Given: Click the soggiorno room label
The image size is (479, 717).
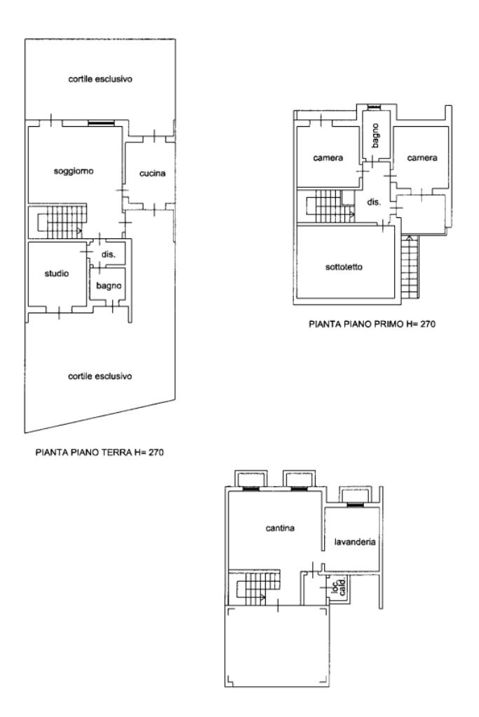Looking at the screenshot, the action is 74,172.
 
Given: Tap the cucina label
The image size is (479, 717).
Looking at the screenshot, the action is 152,173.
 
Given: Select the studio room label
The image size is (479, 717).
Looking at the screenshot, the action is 57,273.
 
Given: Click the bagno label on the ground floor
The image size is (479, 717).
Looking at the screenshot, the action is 109,286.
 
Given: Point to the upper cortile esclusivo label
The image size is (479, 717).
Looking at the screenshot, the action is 100,79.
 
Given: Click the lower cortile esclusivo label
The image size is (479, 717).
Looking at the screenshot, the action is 100,376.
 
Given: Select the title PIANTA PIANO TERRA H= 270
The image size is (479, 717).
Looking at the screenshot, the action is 100,453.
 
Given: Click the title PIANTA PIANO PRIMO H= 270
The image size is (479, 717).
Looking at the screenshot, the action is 372,325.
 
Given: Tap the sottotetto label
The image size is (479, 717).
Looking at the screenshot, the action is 344,267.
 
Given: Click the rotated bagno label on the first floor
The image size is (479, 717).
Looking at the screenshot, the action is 376,135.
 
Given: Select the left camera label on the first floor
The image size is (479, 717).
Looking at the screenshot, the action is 328,158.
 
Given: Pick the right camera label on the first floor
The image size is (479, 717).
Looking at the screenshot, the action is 422,158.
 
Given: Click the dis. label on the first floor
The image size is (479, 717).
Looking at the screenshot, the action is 374,202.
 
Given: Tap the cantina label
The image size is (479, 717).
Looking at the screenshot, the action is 280,528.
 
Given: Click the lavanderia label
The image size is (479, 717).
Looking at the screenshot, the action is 355,542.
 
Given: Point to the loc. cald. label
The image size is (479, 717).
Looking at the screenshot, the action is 339,589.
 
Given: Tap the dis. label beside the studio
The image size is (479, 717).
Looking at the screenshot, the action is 109,254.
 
